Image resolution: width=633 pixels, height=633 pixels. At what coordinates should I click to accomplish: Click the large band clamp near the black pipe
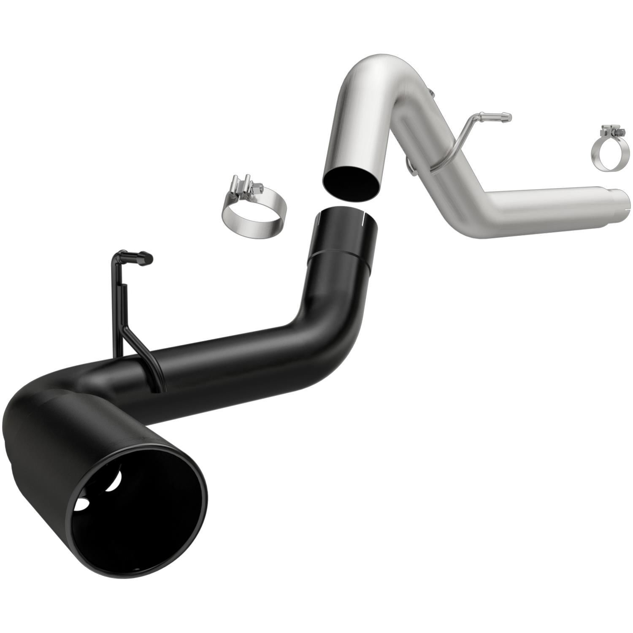point(253,215)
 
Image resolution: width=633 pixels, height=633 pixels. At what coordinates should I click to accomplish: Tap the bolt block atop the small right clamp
point(612,131)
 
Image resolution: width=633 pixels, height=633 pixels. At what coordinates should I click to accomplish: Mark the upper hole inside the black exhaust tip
point(114,481)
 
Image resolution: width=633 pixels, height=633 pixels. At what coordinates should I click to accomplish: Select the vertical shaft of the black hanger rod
point(117,304)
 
